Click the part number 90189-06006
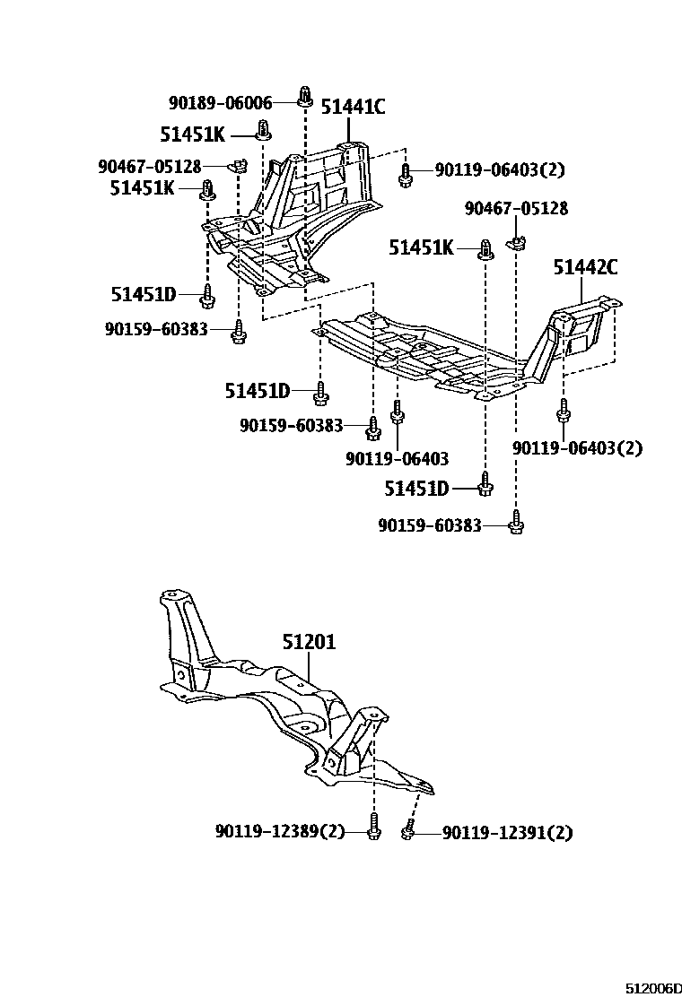click(x=220, y=103)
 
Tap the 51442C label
click(x=585, y=266)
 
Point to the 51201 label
click(x=309, y=642)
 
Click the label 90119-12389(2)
click(x=280, y=831)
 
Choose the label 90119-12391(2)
click(x=507, y=832)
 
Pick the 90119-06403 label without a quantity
click(x=397, y=458)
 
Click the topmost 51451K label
click(x=192, y=134)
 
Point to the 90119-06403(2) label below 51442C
click(x=578, y=447)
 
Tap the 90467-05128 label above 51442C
click(x=516, y=209)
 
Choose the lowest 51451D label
click(x=416, y=488)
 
